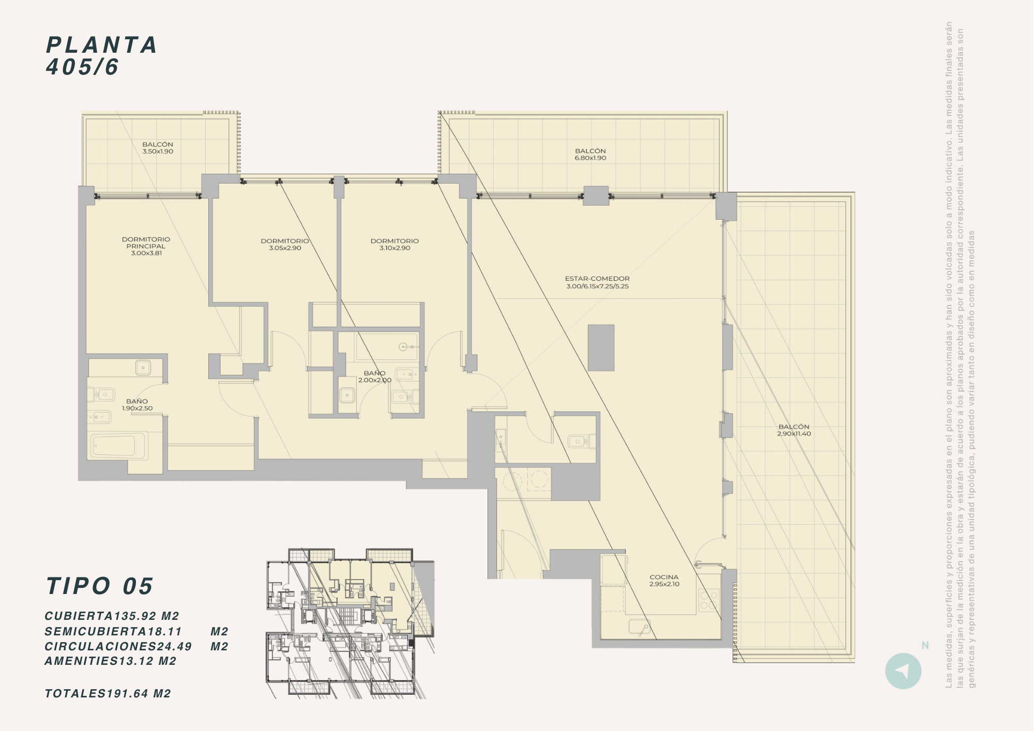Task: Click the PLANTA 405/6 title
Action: [x=101, y=56]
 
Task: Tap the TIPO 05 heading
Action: [x=99, y=586]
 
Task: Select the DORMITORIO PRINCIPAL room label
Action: [x=146, y=246]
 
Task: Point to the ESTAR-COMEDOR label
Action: [x=597, y=282]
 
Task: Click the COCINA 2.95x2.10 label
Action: [x=664, y=581]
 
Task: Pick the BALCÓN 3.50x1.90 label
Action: [x=158, y=148]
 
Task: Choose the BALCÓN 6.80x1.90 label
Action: [x=590, y=155]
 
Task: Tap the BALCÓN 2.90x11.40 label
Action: [x=794, y=430]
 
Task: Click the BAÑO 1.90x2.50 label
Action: [x=137, y=405]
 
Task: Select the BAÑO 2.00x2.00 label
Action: [x=375, y=376]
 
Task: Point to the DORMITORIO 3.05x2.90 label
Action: [x=285, y=245]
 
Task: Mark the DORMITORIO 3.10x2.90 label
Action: [x=394, y=245]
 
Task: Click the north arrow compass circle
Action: [x=903, y=671]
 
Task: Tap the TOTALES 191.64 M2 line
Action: [x=108, y=694]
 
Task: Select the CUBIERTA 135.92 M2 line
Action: [x=112, y=616]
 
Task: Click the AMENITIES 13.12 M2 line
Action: [x=111, y=661]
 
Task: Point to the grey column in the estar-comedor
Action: [x=601, y=347]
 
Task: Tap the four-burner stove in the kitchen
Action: [x=709, y=600]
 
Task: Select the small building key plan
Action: [x=350, y=623]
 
